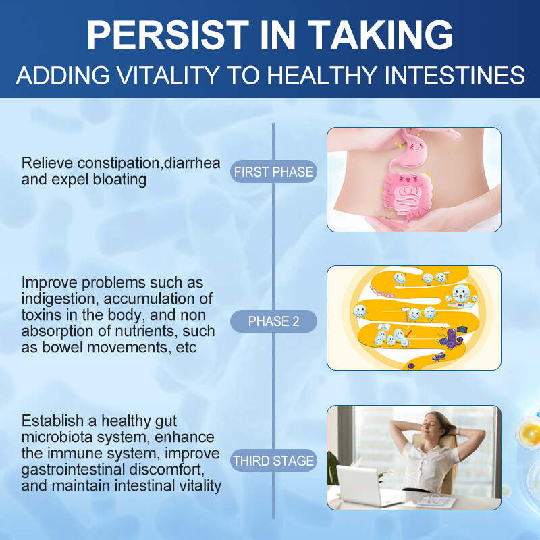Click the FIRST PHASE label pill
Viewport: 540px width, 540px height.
[273, 172]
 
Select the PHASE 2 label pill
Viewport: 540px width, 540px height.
[273, 322]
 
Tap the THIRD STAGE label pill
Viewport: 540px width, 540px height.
[273, 462]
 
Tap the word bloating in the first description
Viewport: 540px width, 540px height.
[111, 180]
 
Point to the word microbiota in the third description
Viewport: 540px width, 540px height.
[56, 437]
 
